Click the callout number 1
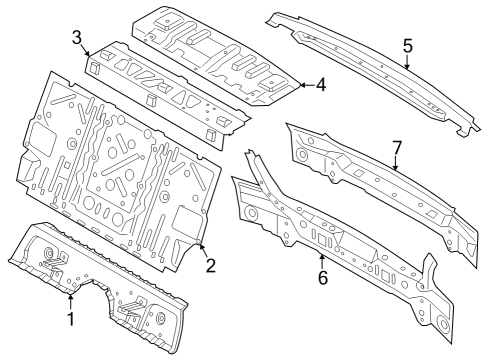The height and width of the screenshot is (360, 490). click(70, 319)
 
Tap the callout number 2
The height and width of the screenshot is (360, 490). click(210, 265)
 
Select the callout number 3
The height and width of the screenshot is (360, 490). click(76, 37)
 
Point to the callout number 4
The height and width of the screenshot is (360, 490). click(320, 86)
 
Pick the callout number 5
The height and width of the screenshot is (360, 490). click(407, 45)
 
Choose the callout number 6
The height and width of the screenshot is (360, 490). click(322, 277)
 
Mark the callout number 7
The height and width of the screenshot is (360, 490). click(397, 148)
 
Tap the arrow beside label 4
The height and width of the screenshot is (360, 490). click(303, 86)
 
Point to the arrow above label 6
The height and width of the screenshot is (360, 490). click(322, 258)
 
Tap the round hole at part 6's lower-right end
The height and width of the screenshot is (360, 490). click(441, 321)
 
